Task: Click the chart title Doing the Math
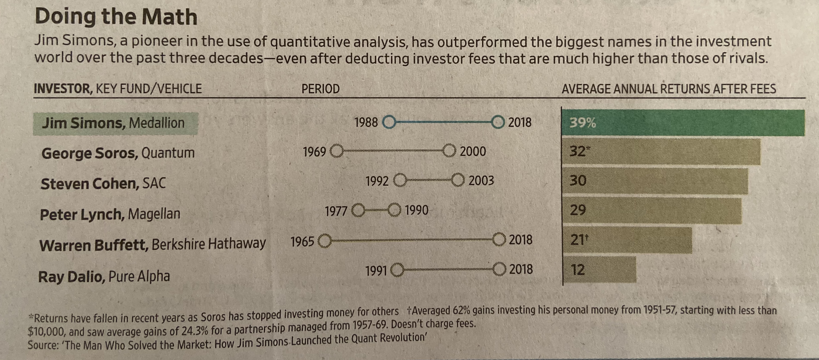click(x=116, y=17)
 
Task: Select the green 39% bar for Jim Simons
click(x=684, y=123)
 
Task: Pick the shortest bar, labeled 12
click(x=600, y=270)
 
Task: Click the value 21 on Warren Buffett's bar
click(x=577, y=240)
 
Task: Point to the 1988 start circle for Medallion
click(x=389, y=122)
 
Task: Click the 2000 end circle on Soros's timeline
click(x=449, y=151)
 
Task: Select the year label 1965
click(x=302, y=242)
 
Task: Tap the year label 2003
click(x=481, y=181)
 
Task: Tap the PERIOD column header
click(x=321, y=89)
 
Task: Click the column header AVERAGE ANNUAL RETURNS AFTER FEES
click(x=669, y=89)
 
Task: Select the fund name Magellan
click(x=154, y=214)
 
